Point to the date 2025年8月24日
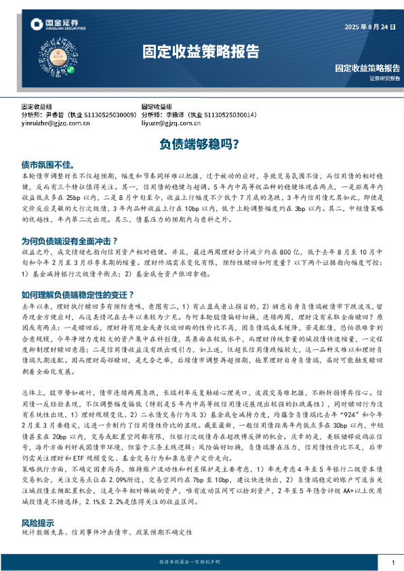coord(371,28)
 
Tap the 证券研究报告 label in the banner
coord(384,79)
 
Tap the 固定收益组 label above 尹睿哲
coord(37,107)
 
